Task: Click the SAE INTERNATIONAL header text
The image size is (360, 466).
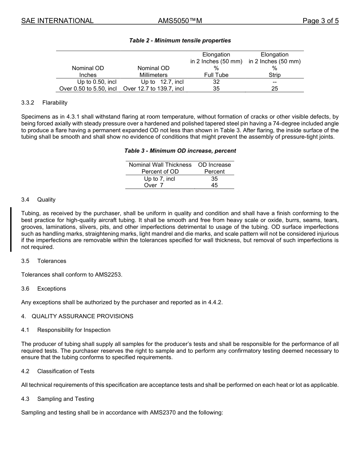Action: [x=57, y=21]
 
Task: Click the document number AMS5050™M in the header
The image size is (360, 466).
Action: [x=180, y=21]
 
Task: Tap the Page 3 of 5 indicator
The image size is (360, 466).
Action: [x=320, y=21]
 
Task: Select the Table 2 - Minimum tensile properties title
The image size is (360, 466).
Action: [x=180, y=41]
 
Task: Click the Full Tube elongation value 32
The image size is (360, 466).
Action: [x=216, y=82]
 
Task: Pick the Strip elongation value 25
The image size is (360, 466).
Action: [x=274, y=89]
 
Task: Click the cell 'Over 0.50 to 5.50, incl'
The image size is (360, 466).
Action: [x=88, y=89]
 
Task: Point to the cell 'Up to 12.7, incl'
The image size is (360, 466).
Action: [x=162, y=82]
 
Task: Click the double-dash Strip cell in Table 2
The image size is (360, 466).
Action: [x=274, y=82]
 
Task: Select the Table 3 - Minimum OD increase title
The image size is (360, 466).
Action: [x=180, y=151]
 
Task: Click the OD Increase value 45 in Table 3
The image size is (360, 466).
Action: [x=214, y=186]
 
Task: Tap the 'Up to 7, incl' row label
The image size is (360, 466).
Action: [x=160, y=179]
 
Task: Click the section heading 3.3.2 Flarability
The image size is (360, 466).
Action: [x=44, y=103]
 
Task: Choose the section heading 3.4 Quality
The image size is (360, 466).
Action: [x=38, y=200]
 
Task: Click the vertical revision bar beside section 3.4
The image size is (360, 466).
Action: [x=11, y=229]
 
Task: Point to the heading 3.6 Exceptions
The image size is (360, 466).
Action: [x=44, y=289]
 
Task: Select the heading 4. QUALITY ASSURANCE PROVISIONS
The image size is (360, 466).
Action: [x=77, y=316]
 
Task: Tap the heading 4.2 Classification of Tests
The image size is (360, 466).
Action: [x=58, y=371]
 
